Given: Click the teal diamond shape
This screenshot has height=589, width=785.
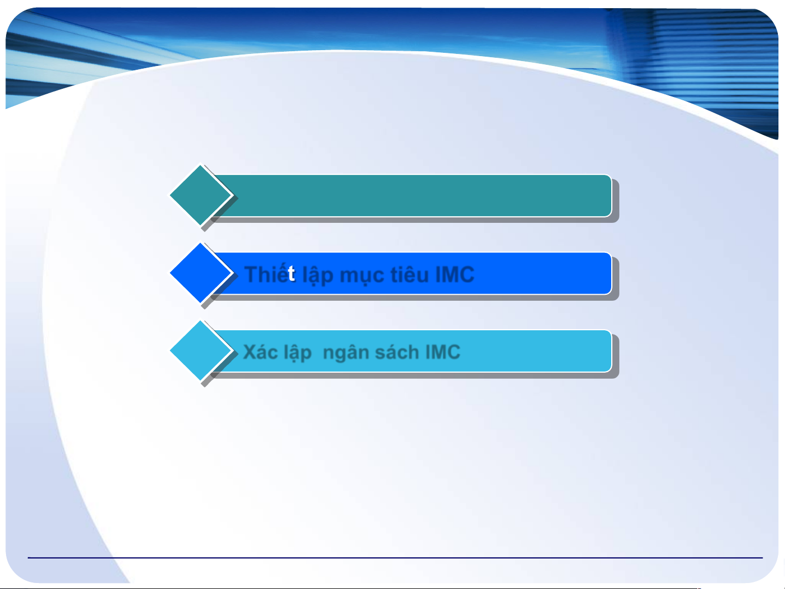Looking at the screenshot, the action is [x=200, y=195].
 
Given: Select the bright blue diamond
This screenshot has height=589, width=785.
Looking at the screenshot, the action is [x=200, y=273].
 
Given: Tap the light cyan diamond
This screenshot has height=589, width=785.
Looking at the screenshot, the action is [x=200, y=350].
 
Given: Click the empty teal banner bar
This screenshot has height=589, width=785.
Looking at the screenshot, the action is [x=411, y=196].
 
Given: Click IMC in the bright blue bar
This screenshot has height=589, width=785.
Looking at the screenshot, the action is [x=454, y=275].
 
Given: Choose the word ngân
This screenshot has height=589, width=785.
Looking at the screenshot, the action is [x=346, y=353].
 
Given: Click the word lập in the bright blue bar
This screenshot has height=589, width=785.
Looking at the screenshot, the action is [x=318, y=275].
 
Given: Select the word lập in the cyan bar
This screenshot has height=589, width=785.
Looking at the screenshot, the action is [x=297, y=353].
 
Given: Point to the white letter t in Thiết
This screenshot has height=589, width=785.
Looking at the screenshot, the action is [x=291, y=274].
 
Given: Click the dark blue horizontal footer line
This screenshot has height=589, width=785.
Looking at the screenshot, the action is [x=395, y=557].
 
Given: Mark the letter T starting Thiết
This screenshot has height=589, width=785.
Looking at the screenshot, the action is [x=252, y=275].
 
